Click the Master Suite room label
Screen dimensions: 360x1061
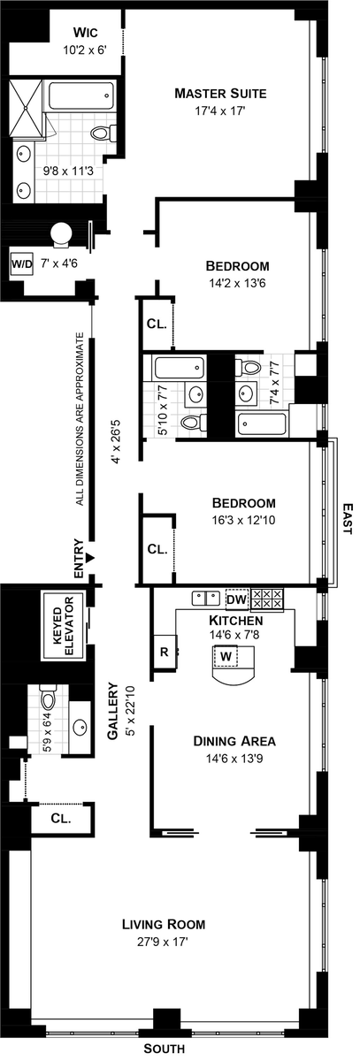click(x=220, y=94)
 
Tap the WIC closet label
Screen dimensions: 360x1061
click(x=85, y=33)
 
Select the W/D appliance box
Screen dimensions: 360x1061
click(x=22, y=263)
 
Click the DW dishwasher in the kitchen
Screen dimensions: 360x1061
click(x=237, y=599)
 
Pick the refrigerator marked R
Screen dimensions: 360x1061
click(x=165, y=652)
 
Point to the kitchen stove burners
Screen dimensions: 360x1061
click(x=267, y=599)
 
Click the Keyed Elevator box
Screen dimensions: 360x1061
click(x=64, y=625)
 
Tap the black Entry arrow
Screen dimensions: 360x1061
click(x=90, y=557)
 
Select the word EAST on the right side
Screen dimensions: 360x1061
click(x=348, y=519)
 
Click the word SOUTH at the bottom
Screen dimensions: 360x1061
click(x=165, y=1049)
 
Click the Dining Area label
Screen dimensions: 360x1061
click(x=234, y=741)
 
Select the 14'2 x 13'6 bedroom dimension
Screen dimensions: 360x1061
click(x=237, y=283)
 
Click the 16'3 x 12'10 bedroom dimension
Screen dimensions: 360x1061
click(x=243, y=520)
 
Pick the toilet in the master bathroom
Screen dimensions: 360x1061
click(x=103, y=134)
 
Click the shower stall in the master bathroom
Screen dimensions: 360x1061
click(x=26, y=109)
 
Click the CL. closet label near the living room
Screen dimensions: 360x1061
click(x=61, y=818)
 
